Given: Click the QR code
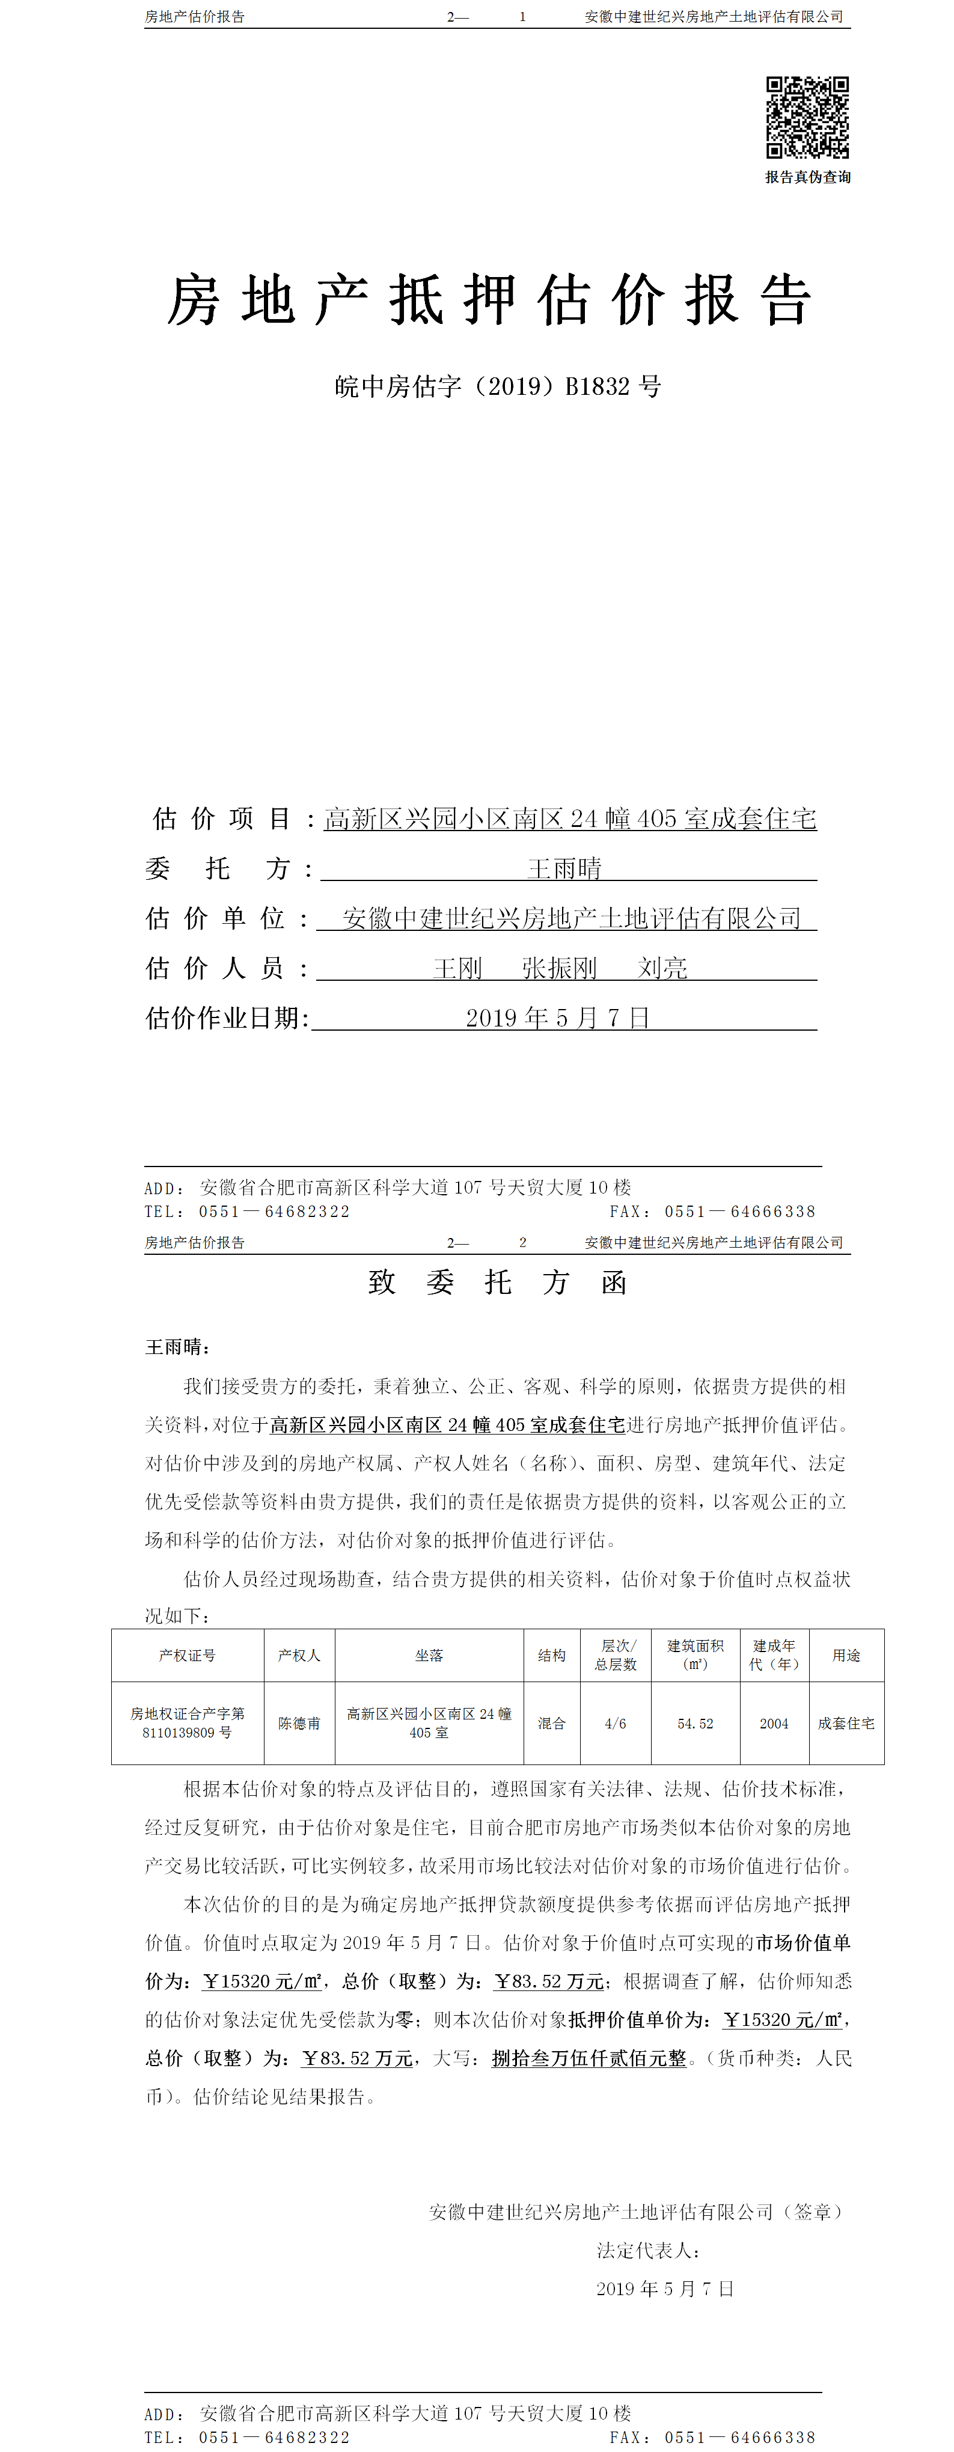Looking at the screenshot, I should point(807,117).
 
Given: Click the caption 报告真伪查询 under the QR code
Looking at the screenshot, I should point(807,177).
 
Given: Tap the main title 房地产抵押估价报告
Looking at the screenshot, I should point(489,300).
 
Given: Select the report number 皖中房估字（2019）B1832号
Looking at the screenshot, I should point(497,386).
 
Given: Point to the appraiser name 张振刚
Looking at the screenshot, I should point(559,969).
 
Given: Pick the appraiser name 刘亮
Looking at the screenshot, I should point(662,969).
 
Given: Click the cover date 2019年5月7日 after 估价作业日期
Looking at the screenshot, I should point(557,1019).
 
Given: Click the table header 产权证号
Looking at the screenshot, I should point(188,1655).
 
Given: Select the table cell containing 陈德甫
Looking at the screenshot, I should point(299,1723).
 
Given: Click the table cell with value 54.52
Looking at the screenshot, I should point(695,1723).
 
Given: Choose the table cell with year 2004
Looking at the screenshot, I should point(774,1723).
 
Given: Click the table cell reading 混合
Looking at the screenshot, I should point(551,1723).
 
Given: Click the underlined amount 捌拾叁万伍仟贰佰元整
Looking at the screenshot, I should point(589,2058).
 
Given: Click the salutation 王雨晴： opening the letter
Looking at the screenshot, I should point(178,1347).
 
